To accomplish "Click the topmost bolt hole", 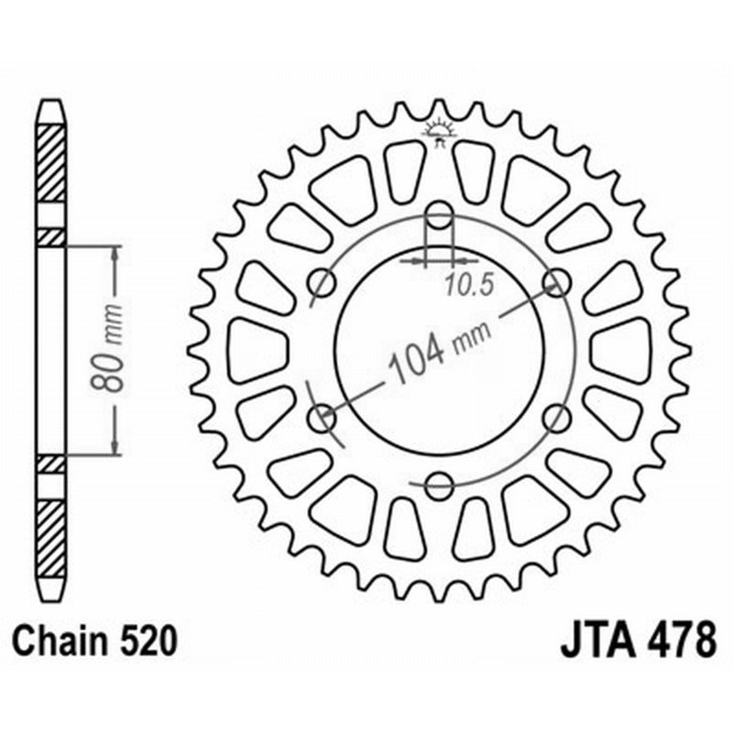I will [440, 217].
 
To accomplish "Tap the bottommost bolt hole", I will [440, 484].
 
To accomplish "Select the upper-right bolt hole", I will [555, 282].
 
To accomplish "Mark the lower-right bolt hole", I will [555, 419].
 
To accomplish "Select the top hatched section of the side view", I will [51, 163].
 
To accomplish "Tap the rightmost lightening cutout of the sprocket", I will [622, 350].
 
